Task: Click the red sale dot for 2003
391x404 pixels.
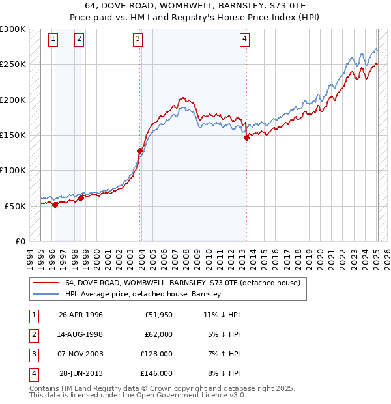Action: coord(139,151)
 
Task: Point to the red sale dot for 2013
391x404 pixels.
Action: coord(246,137)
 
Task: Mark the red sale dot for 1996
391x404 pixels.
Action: coord(55,205)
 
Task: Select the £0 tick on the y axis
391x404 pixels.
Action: coord(20,241)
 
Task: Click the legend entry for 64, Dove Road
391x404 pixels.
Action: coord(182,283)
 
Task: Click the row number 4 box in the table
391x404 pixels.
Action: coord(32,373)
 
